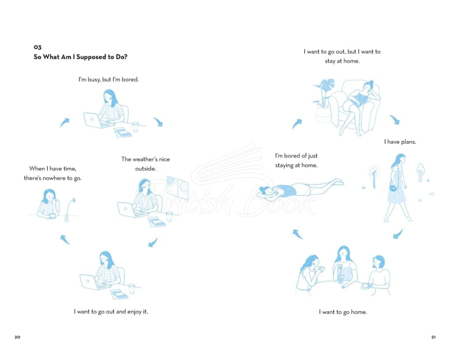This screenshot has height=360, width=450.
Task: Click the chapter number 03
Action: (38, 47)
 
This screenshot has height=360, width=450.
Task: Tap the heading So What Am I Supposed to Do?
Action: (80, 57)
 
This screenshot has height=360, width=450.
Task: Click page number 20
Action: (18, 337)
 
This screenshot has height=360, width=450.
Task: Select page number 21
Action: (433, 337)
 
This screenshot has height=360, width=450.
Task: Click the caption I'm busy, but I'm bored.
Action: (108, 80)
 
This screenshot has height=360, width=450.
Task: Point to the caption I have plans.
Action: (400, 142)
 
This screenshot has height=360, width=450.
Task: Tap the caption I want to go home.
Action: (343, 312)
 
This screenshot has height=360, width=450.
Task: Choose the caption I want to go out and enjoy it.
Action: (111, 312)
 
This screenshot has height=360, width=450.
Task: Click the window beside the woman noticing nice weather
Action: (178, 188)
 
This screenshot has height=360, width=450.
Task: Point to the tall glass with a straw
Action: (341, 275)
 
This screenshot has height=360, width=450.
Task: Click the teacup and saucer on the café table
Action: (365, 286)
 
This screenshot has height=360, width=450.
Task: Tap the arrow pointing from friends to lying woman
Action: (297, 234)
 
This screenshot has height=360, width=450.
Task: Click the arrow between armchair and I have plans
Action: (395, 120)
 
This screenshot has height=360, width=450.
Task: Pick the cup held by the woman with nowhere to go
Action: (52, 216)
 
